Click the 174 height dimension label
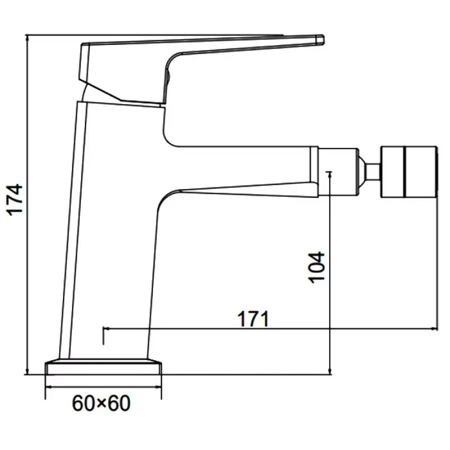pos(16,200)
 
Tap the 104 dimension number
pos(316,268)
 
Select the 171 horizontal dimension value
pos(253,319)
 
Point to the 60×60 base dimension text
pos(101,403)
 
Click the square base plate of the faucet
pos(103,368)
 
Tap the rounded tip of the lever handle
pos(320,40)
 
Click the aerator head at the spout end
pos(409,172)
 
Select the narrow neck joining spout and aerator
pos(373,172)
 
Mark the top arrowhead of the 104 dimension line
pos(330,175)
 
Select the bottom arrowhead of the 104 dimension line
pos(330,371)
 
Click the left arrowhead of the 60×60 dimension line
pos(49,387)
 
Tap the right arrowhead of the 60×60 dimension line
pos(158,387)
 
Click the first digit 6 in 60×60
pos(78,403)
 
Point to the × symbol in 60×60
pos(102,404)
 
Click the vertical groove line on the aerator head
pos(404,172)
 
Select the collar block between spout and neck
pos(339,172)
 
